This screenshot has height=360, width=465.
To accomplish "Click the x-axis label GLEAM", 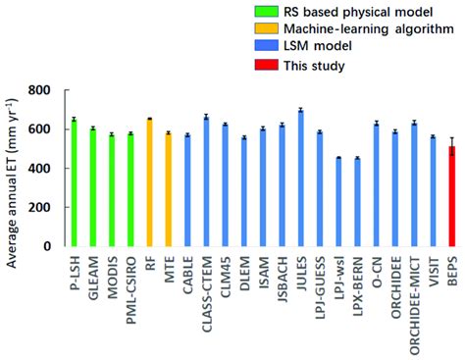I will tap(93, 274).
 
